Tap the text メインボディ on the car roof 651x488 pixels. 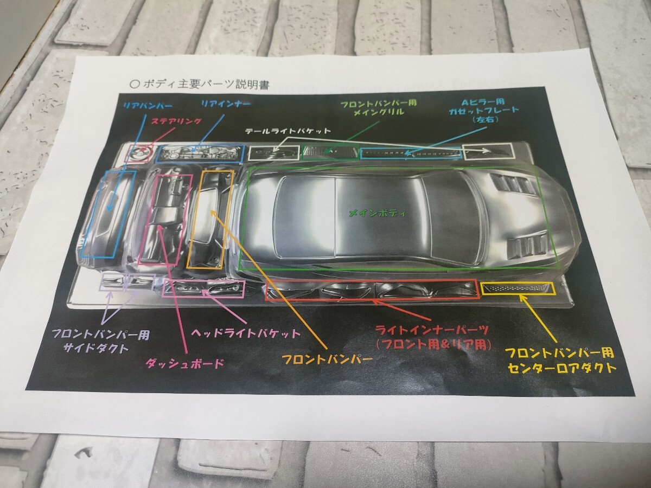(x=378, y=213)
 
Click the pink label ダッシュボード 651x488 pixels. (x=184, y=363)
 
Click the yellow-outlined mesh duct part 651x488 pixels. (x=517, y=288)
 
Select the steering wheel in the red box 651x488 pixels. (x=138, y=153)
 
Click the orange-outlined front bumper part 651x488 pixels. (x=210, y=219)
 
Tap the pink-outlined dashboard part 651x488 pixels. (x=165, y=219)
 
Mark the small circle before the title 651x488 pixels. (x=135, y=84)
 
